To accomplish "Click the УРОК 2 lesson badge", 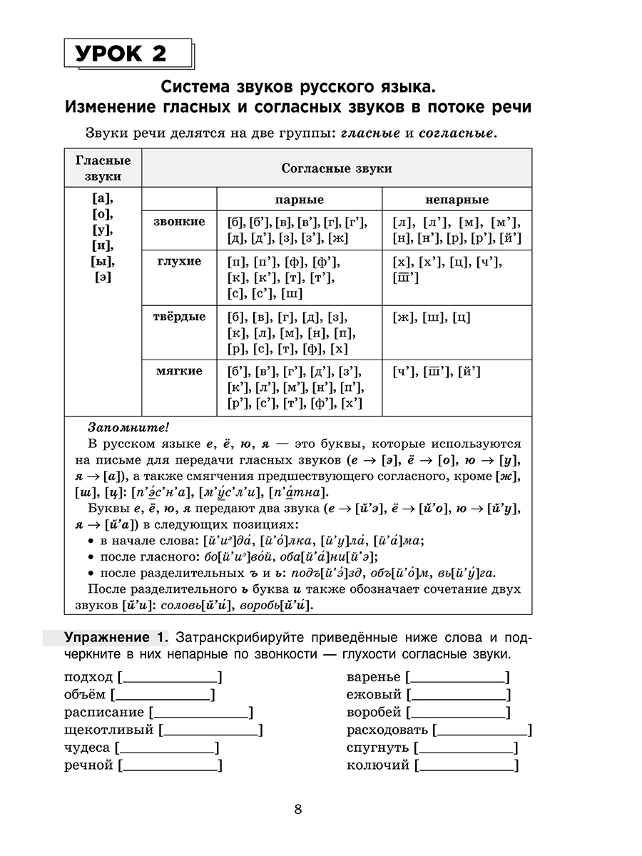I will (x=128, y=53).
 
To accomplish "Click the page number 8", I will (x=298, y=809).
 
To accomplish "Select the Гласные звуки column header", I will (x=103, y=168).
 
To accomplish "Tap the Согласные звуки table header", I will (x=337, y=168).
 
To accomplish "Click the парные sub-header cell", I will (x=299, y=200).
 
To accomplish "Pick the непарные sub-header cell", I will (x=457, y=200).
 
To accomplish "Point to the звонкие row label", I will (x=179, y=222).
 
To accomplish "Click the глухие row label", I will (x=179, y=261).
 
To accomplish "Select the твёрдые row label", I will (x=179, y=316).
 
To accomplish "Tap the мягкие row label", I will (x=179, y=371).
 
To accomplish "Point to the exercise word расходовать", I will (x=387, y=730).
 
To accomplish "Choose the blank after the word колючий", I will (x=467, y=766).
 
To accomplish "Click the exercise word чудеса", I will (x=87, y=748).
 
